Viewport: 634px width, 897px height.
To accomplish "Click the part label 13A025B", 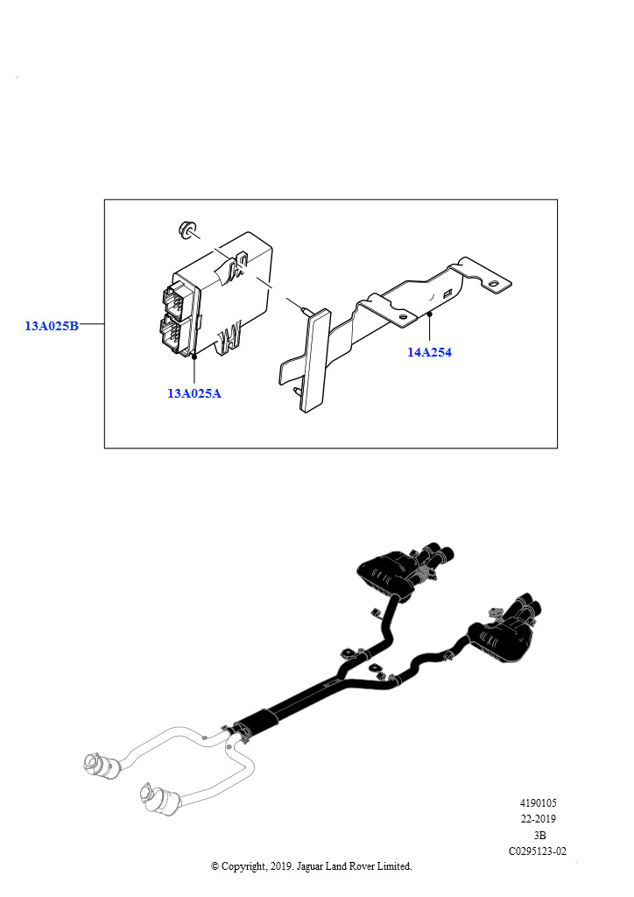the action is point(52,326).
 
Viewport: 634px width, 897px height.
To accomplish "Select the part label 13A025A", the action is point(194,393).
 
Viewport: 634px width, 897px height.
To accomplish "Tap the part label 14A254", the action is point(429,352).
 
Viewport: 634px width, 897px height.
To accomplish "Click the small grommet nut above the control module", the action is point(186,229).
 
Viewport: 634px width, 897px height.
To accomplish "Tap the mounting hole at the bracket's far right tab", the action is point(491,283).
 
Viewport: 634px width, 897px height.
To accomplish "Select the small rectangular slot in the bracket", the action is point(447,294).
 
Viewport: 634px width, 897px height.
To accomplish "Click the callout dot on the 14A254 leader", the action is point(429,314).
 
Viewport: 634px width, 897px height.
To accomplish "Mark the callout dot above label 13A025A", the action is point(194,356).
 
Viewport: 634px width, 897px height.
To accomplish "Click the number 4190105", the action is point(538,802).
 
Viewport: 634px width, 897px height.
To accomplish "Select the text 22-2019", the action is point(538,819).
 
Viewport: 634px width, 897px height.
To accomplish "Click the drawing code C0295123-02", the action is point(538,851).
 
